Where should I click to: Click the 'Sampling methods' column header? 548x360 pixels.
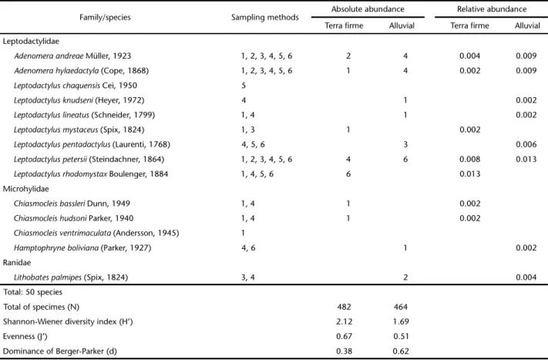(x=265, y=17)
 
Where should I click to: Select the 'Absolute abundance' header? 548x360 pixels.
(x=368, y=9)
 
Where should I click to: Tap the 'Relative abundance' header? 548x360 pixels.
(x=492, y=9)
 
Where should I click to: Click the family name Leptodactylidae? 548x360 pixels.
(x=31, y=42)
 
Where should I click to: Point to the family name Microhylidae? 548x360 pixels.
(x=26, y=189)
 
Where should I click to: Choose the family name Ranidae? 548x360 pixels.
(x=17, y=263)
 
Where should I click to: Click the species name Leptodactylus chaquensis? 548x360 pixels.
(x=57, y=86)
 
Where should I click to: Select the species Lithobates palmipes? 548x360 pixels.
(x=48, y=278)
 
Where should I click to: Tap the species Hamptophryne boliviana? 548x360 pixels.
(x=56, y=247)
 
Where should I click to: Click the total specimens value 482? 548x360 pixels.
(x=344, y=307)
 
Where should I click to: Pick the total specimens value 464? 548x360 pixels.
(x=401, y=307)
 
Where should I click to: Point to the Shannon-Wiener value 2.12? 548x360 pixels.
(x=345, y=321)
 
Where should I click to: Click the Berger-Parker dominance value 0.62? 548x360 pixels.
(x=401, y=351)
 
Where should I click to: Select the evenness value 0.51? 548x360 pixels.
(x=401, y=336)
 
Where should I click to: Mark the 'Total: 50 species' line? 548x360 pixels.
(x=32, y=292)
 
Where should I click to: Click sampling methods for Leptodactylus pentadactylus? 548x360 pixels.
(x=253, y=144)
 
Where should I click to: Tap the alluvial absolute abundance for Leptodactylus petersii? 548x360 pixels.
(x=405, y=160)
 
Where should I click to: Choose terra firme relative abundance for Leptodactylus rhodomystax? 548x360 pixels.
(x=470, y=174)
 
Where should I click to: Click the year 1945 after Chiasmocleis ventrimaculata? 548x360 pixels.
(x=168, y=233)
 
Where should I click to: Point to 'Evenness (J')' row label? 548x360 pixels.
(x=25, y=336)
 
